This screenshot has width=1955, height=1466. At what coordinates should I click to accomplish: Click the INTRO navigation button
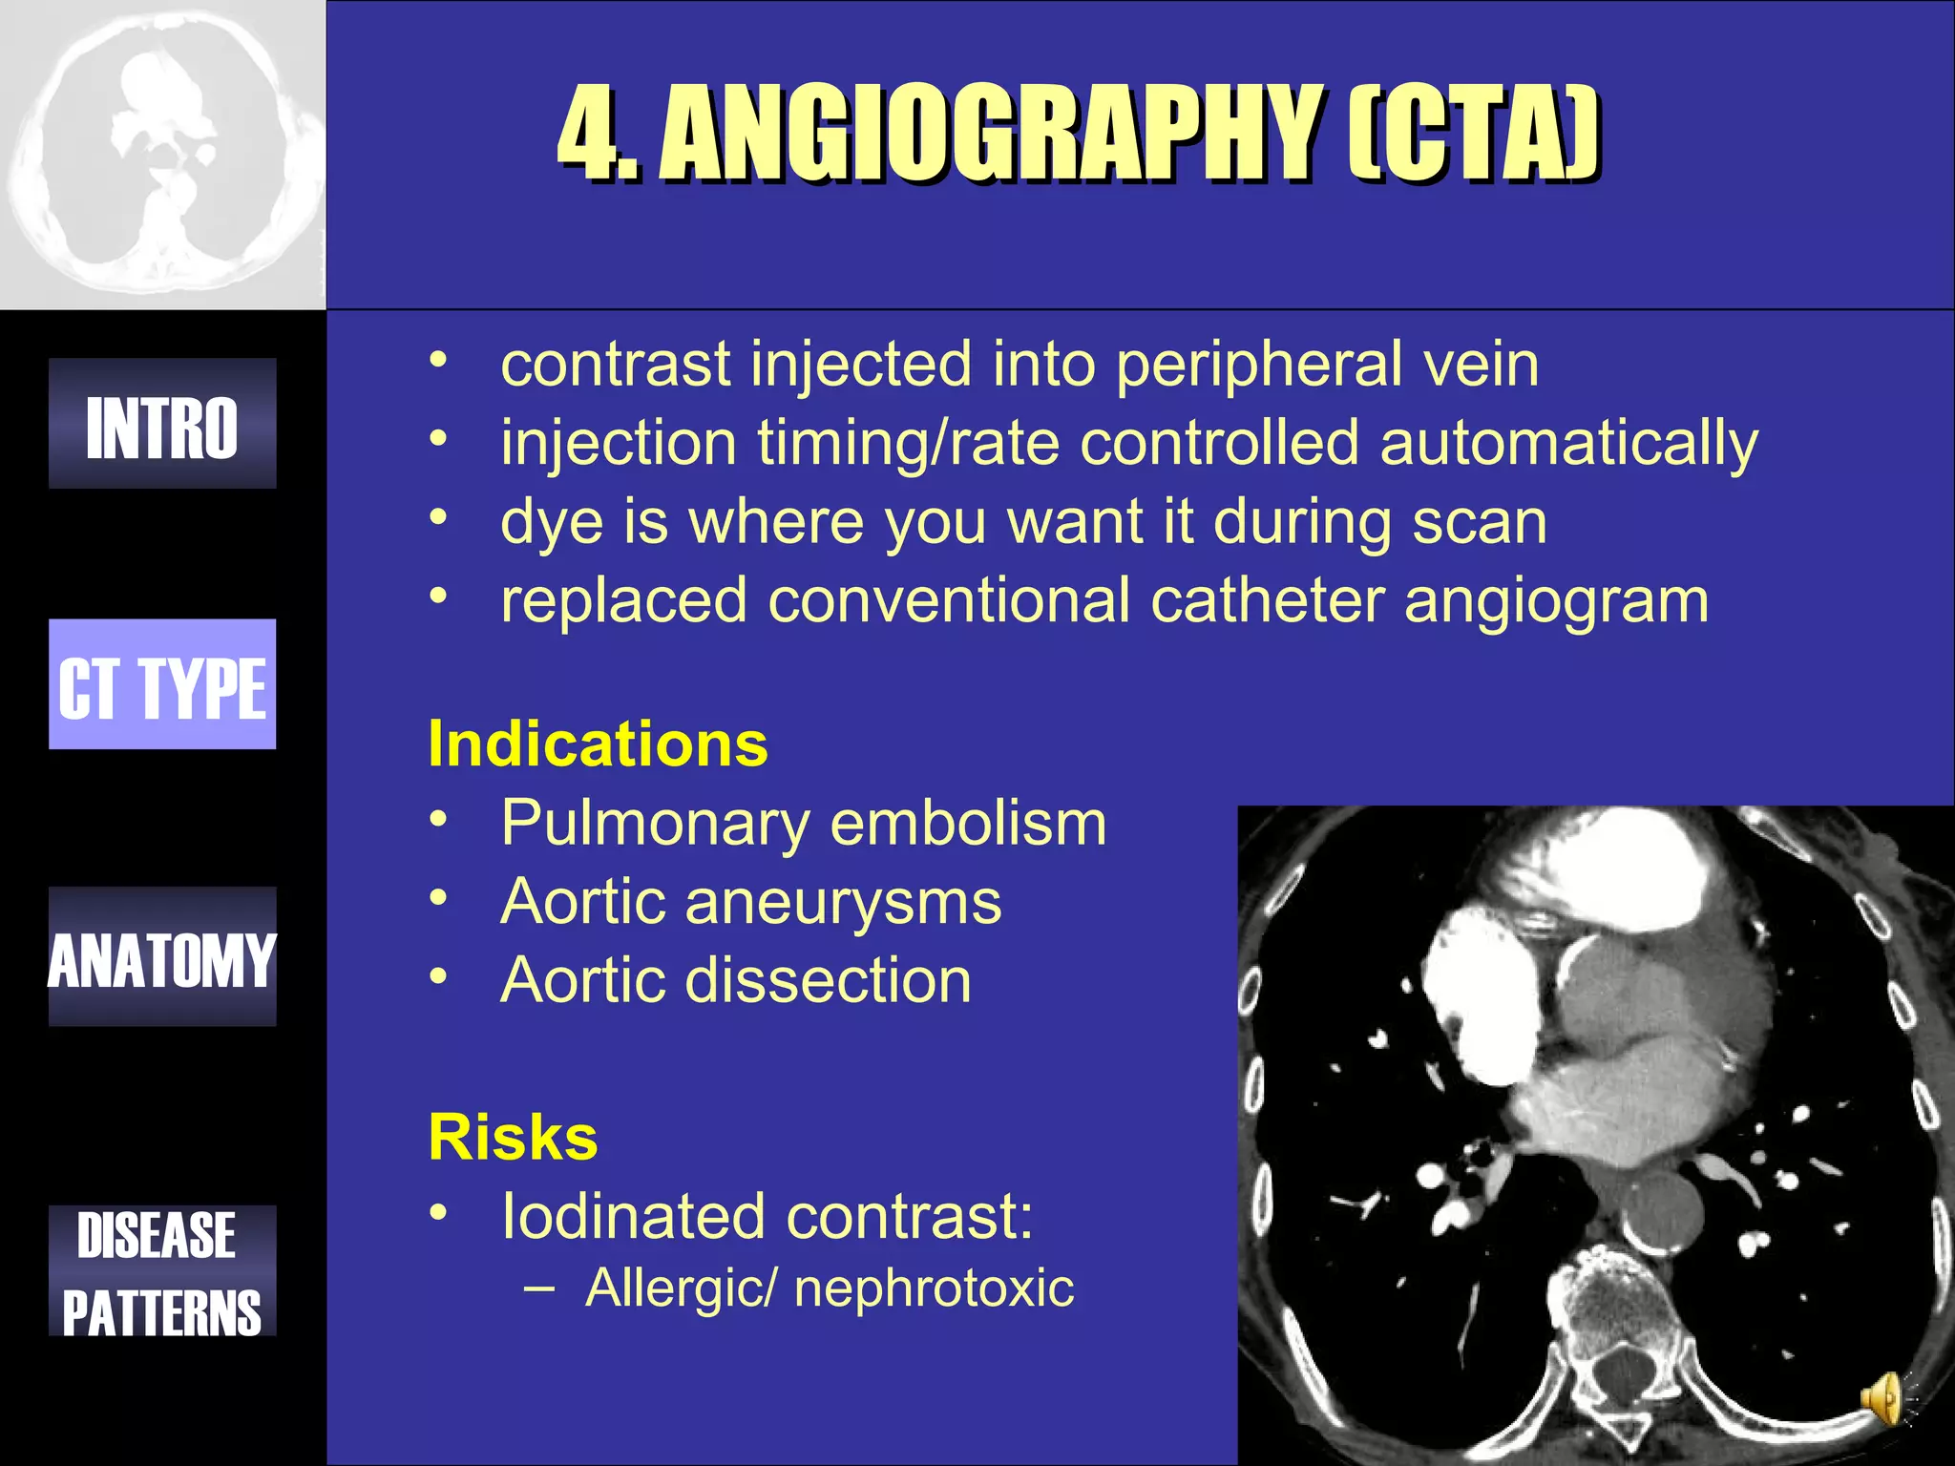(162, 424)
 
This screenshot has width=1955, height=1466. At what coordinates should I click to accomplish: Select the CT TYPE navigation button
(162, 684)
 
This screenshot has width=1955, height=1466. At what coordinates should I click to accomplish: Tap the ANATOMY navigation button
(162, 956)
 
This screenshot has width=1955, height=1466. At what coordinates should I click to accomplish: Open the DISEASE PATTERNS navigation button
(162, 1270)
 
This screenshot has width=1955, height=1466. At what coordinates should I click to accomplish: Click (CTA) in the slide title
(1475, 133)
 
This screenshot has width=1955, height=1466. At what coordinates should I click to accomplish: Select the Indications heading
(598, 743)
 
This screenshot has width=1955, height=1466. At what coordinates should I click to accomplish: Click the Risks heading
(513, 1137)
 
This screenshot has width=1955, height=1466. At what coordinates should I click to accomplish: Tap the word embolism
(968, 823)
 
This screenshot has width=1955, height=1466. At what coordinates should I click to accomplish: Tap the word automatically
(1567, 444)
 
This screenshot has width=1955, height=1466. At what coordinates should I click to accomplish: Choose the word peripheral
(1260, 366)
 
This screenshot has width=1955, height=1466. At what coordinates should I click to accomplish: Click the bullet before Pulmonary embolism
(438, 820)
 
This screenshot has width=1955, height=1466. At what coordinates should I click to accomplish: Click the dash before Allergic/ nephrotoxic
(538, 1286)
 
